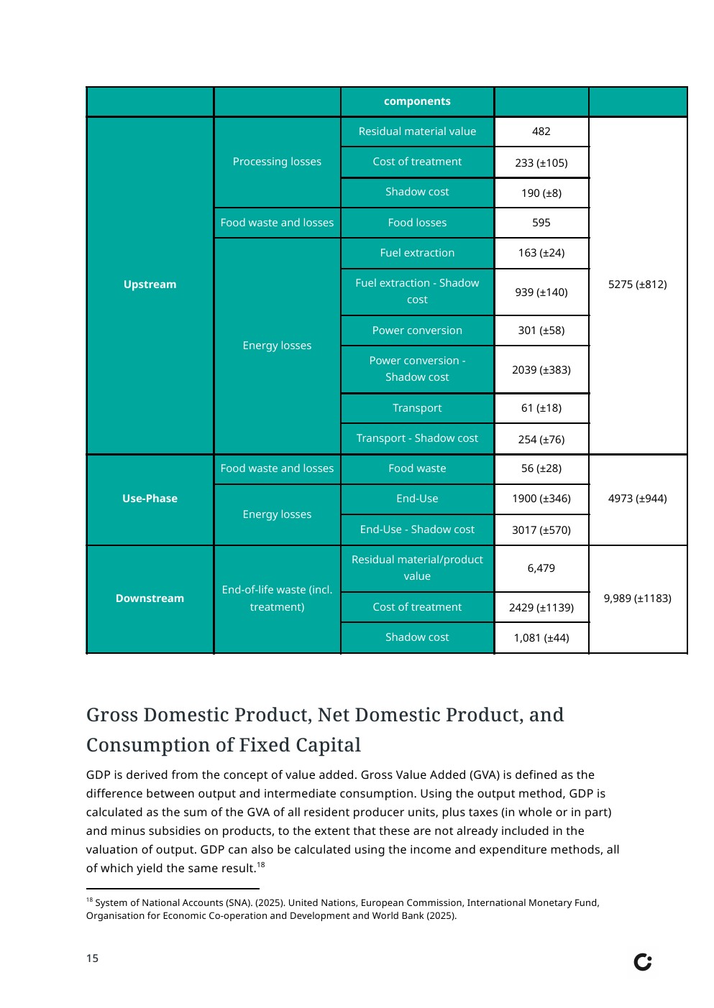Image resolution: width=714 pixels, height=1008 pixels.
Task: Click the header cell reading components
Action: pyautogui.click(x=417, y=101)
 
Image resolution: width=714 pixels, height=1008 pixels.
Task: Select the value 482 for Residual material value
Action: pyautogui.click(x=541, y=131)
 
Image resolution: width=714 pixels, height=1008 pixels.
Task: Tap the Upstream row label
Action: pyautogui.click(x=150, y=285)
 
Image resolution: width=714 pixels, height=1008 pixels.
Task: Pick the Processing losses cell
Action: pyautogui.click(x=277, y=162)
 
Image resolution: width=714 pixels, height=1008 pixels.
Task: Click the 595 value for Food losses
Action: pyautogui.click(x=541, y=223)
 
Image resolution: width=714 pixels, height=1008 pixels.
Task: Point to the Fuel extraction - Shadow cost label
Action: pyautogui.click(x=417, y=291)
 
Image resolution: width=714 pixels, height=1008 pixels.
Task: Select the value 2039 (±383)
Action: pyautogui.click(x=541, y=370)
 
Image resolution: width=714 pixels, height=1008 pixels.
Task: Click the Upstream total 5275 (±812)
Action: pyautogui.click(x=637, y=285)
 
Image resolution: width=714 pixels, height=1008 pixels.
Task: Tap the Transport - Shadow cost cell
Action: pyautogui.click(x=417, y=438)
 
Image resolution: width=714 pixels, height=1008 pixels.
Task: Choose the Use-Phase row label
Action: pyautogui.click(x=150, y=499)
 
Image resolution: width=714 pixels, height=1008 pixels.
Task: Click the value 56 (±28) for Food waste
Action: pyautogui.click(x=541, y=468)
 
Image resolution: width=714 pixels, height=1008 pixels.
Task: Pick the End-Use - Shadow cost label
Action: pyautogui.click(x=417, y=530)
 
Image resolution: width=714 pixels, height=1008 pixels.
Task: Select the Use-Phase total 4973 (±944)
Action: pyautogui.click(x=637, y=499)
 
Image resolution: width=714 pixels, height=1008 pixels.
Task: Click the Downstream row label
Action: pyautogui.click(x=150, y=598)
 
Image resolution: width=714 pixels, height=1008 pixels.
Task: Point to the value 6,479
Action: pyautogui.click(x=541, y=568)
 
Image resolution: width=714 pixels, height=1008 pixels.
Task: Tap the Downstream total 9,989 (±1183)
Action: pyautogui.click(x=637, y=598)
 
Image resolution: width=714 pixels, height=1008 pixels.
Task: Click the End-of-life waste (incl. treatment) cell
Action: pyautogui.click(x=277, y=598)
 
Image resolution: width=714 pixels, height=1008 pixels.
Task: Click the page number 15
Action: pyautogui.click(x=92, y=958)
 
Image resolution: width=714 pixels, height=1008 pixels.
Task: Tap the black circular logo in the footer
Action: pyautogui.click(x=642, y=962)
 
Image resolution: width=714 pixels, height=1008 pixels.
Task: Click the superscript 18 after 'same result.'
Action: pyautogui.click(x=261, y=865)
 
